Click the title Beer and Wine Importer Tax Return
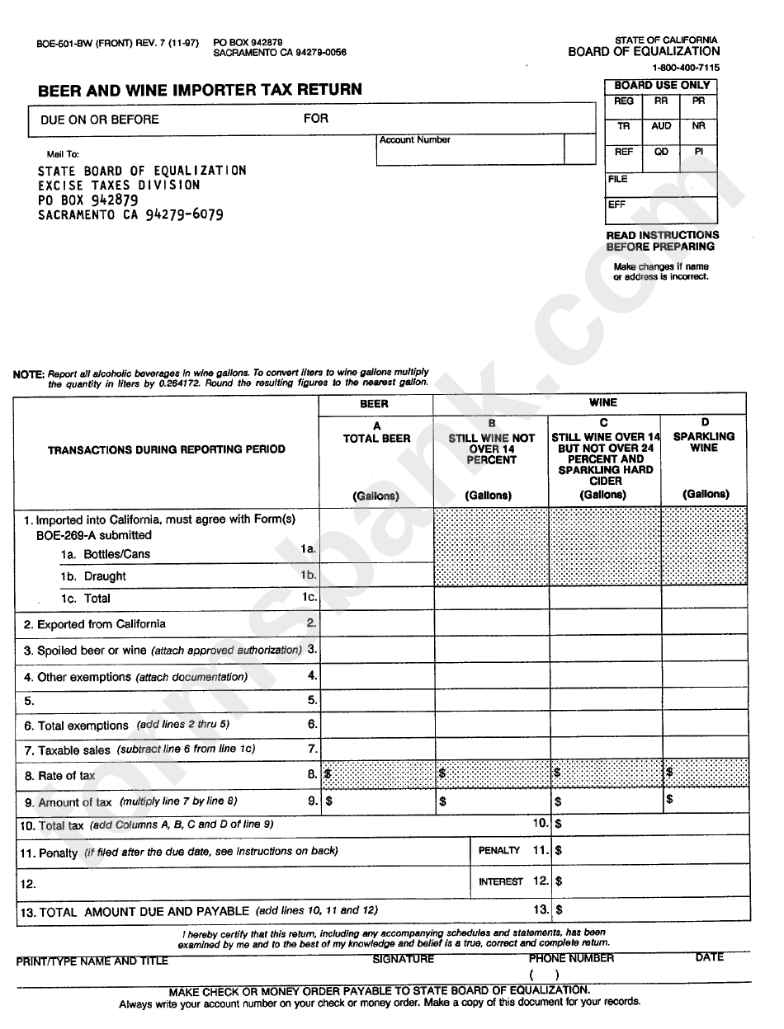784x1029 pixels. click(200, 90)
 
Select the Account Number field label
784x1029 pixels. click(414, 140)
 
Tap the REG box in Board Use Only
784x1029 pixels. click(624, 101)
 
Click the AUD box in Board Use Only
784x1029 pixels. click(661, 127)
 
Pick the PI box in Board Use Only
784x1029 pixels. click(698, 153)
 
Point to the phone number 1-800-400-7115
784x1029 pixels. click(685, 68)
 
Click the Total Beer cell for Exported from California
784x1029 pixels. click(376, 624)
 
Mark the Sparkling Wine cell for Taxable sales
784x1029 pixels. click(704, 749)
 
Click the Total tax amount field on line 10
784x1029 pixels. click(652, 824)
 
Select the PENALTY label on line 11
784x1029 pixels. click(499, 851)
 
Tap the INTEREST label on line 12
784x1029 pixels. click(501, 881)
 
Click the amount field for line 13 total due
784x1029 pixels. click(652, 910)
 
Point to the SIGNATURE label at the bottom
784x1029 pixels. click(403, 959)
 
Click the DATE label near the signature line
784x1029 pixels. click(709, 957)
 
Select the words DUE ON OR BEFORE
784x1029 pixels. click(100, 120)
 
